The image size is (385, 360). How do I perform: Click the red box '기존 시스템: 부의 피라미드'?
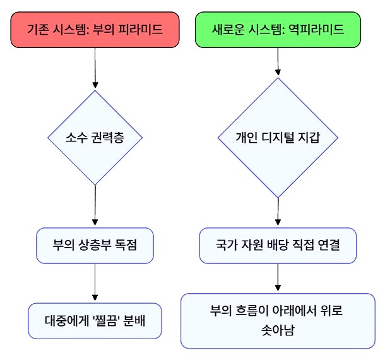point(95,29)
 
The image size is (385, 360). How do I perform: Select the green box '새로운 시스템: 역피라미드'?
point(278,29)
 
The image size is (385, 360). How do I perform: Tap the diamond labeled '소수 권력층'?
point(95,138)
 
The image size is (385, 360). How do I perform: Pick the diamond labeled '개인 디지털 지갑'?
point(278,138)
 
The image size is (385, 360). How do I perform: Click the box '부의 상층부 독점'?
point(95,245)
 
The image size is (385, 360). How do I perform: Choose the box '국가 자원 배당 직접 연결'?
point(278,245)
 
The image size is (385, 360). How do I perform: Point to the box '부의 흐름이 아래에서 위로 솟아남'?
point(278,320)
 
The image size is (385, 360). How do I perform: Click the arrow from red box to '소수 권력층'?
point(95,68)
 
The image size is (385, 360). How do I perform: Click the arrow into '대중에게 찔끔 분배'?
point(95,283)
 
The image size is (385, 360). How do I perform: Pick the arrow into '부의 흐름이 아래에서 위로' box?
point(278,279)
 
